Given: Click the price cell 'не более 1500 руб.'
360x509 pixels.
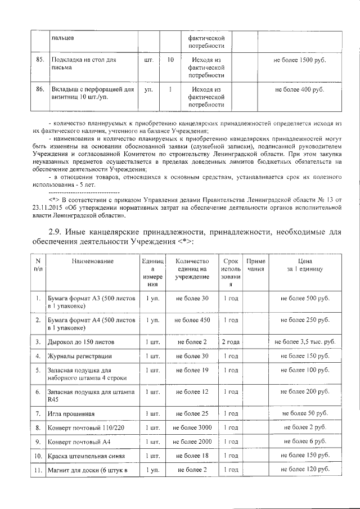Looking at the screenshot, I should [x=299, y=59].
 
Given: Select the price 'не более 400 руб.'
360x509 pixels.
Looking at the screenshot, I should [x=299, y=89].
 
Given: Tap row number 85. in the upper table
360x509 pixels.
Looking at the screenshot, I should [x=39, y=59].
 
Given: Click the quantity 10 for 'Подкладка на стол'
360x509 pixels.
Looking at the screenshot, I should [x=170, y=59].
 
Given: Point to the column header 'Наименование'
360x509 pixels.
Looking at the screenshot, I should [x=93, y=261].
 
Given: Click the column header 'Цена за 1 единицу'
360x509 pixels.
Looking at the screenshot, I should [x=305, y=265].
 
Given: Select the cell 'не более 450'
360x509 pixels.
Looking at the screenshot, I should [x=192, y=319].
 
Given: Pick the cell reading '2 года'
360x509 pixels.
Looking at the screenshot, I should [x=231, y=341].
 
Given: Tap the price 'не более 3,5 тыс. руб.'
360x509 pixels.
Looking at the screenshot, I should [x=305, y=341].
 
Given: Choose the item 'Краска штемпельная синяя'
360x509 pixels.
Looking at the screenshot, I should [x=90, y=456].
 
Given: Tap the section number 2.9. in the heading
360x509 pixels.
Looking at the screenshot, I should [x=58, y=232].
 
